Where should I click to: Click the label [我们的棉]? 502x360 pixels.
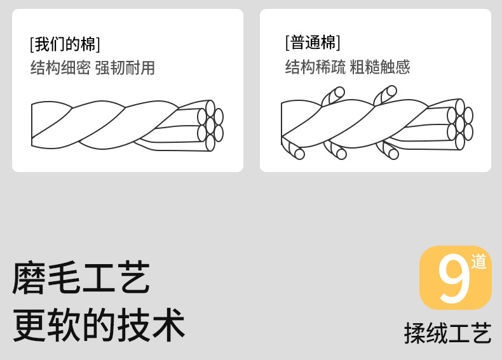[x=65, y=44]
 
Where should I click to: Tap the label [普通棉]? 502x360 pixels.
[x=313, y=43]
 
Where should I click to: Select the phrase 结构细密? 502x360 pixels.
[x=60, y=68]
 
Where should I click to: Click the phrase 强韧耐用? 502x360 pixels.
[x=125, y=68]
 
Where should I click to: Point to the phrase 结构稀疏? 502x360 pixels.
[x=315, y=67]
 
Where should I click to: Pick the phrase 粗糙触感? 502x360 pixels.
[x=380, y=67]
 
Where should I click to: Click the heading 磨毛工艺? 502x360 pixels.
[x=81, y=278]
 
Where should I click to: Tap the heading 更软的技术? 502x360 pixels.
[x=99, y=324]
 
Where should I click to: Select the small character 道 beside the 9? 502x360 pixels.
[x=478, y=261]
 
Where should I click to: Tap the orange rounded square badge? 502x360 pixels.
[x=455, y=277]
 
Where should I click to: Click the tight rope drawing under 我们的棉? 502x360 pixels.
[x=127, y=125]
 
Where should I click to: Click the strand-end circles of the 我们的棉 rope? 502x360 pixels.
[x=211, y=125]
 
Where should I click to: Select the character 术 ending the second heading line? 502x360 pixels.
[x=168, y=324]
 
